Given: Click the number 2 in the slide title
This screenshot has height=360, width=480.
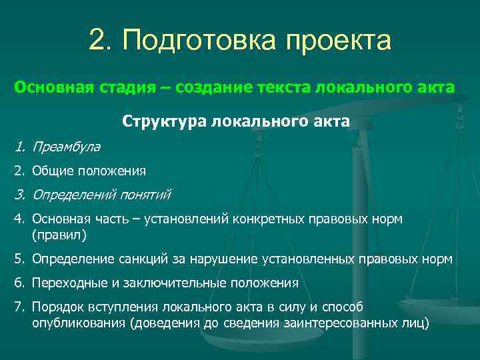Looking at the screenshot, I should pos(97,41).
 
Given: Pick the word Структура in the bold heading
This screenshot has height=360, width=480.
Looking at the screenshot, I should pos(163,121).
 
